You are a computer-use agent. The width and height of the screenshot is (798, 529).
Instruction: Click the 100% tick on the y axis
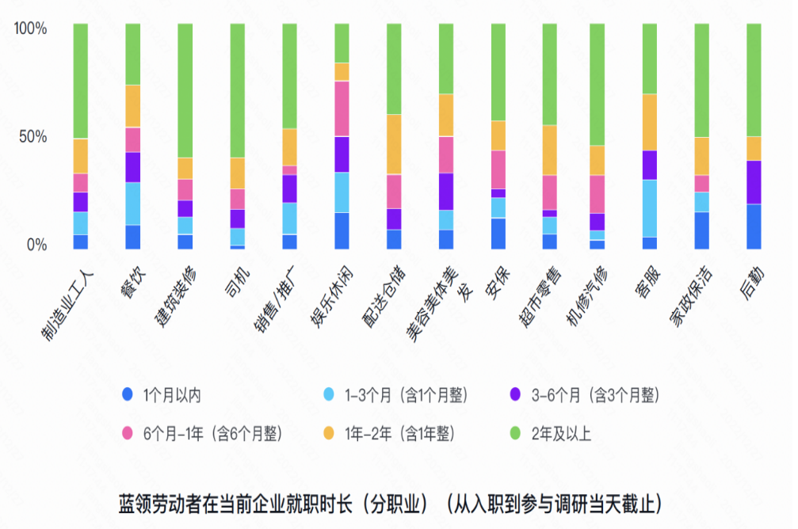coord(31,29)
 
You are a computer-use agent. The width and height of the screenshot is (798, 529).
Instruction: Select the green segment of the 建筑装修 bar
coord(185,90)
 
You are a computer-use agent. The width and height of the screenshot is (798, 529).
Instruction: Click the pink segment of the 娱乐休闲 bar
coord(342,108)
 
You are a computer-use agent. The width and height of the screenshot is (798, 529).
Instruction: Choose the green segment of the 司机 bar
coord(238,90)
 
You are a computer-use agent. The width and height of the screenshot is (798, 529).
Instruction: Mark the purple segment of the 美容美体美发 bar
coord(447,191)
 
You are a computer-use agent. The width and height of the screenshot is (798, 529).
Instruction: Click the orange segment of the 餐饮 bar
coord(133,106)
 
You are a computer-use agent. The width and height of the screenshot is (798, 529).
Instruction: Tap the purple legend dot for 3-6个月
coord(516,394)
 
